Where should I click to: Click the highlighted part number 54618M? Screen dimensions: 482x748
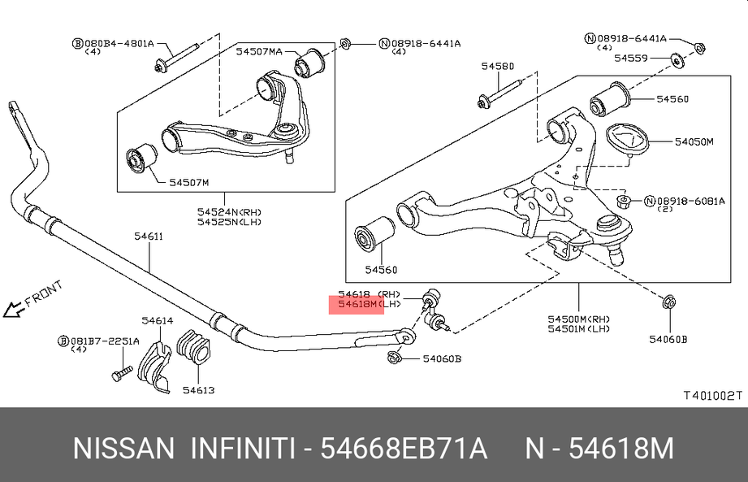click(358, 304)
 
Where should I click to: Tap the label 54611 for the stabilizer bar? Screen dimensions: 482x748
click(149, 237)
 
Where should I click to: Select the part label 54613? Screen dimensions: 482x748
click(198, 390)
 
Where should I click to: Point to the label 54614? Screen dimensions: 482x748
click(157, 320)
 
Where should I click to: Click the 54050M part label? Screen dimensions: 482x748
click(694, 141)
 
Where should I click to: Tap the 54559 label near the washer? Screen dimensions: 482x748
click(630, 58)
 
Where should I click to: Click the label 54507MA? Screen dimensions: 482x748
click(259, 51)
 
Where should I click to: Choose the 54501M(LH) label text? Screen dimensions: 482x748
click(579, 328)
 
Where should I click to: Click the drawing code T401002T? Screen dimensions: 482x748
click(712, 396)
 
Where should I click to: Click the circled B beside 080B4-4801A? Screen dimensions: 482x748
click(76, 42)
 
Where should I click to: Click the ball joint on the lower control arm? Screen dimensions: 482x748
click(610, 232)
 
